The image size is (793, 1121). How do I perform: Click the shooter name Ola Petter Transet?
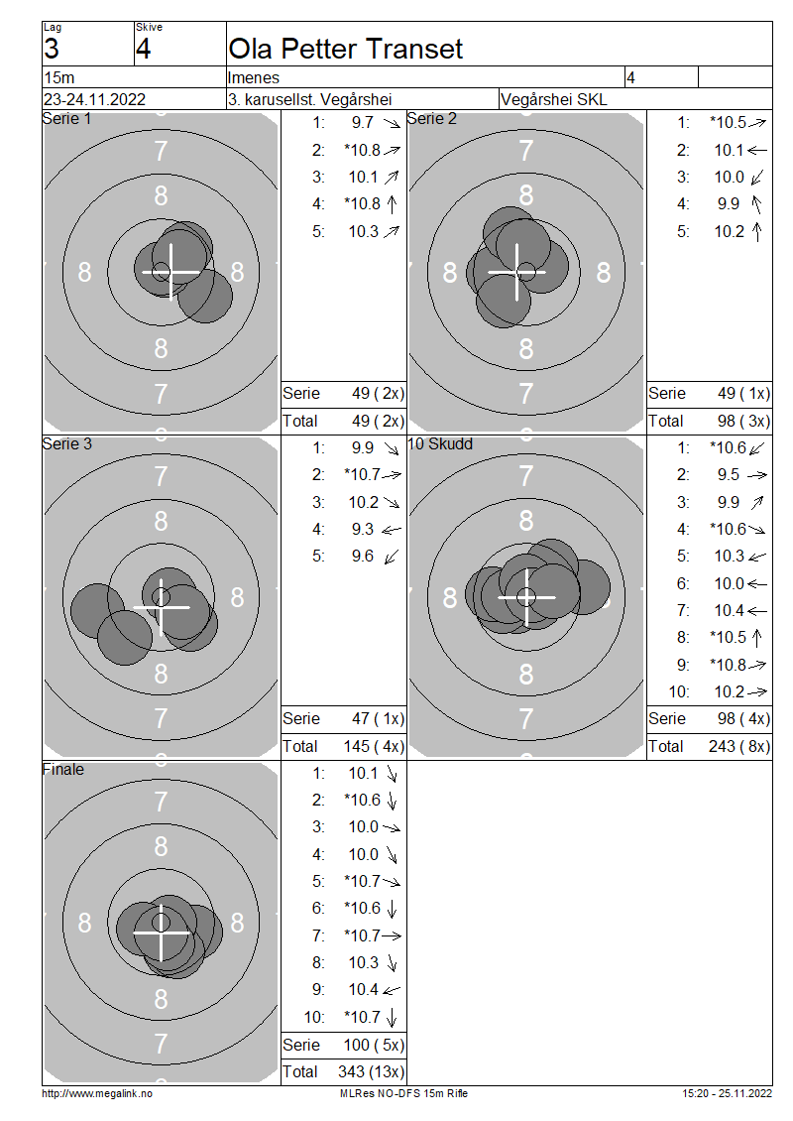pyautogui.click(x=345, y=49)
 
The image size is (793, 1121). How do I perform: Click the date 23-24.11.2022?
pyautogui.click(x=94, y=99)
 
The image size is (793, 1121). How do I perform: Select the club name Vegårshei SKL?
pyautogui.click(x=554, y=99)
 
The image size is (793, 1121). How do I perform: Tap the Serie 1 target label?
pyautogui.click(x=66, y=119)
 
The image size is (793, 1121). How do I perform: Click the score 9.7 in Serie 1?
pyautogui.click(x=362, y=122)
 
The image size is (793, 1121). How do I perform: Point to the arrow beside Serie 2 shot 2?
pyautogui.click(x=756, y=150)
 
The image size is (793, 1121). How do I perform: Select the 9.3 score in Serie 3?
pyautogui.click(x=362, y=529)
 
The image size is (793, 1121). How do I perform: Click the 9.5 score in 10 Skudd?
pyautogui.click(x=728, y=475)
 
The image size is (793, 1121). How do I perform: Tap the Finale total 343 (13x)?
pyautogui.click(x=371, y=1071)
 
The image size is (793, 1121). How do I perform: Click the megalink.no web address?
pyautogui.click(x=96, y=1093)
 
